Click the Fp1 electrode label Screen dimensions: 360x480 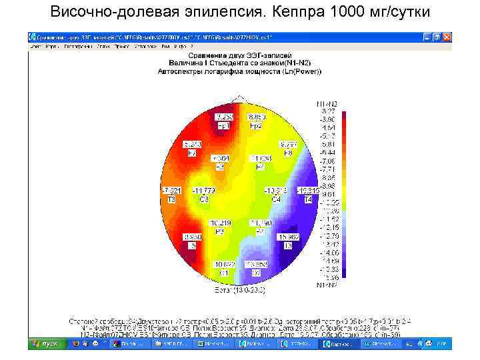223,125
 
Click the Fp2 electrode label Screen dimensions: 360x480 256,125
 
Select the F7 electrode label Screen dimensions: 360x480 192,153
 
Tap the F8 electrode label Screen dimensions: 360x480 288,153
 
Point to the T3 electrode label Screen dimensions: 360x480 171,199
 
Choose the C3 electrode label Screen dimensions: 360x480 203,199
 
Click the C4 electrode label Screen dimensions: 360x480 275,199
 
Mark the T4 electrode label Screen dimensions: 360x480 308,199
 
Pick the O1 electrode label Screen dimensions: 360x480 225,273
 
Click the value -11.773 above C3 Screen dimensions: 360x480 203,191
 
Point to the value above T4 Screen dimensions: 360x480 307,191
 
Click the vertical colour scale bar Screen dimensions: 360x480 343,193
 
